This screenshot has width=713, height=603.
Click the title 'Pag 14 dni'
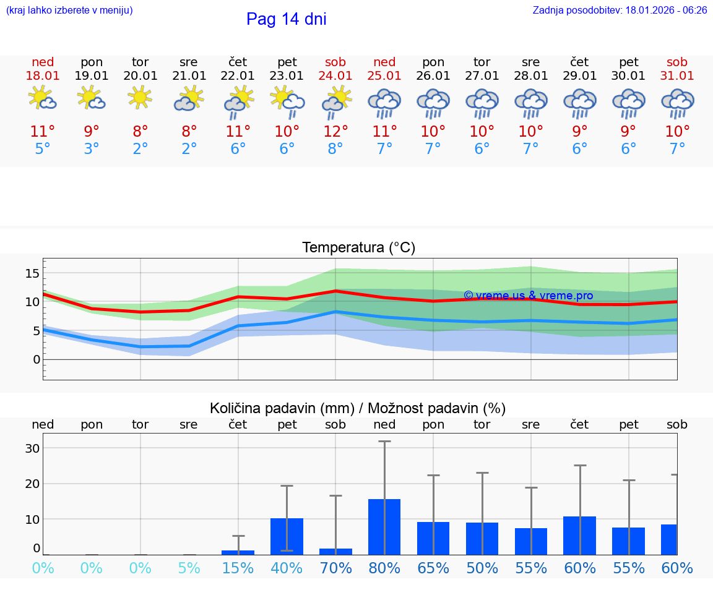pos(286,19)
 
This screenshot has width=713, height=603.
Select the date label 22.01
pos(238,75)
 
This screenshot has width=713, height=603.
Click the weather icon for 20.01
pos(140,98)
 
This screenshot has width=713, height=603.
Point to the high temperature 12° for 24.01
pos(335,132)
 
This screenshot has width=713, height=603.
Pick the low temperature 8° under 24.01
pos(335,149)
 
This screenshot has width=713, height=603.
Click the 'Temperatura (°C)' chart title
pos(358,248)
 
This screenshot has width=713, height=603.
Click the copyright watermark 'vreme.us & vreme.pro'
pos(528,296)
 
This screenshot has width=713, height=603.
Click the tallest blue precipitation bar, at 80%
pos(384,526)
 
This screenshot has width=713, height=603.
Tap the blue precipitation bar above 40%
pos(287,536)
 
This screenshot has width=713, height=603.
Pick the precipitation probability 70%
pos(335,568)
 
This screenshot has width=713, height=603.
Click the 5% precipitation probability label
pos(189,568)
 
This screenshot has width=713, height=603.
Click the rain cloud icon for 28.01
pos(530,103)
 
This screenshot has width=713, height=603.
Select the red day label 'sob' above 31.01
pos(677,62)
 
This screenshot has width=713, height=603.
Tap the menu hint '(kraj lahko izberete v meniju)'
pos(69,11)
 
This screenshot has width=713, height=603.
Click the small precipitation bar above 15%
pos(238,552)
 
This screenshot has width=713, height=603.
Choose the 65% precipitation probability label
pos(433,568)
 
